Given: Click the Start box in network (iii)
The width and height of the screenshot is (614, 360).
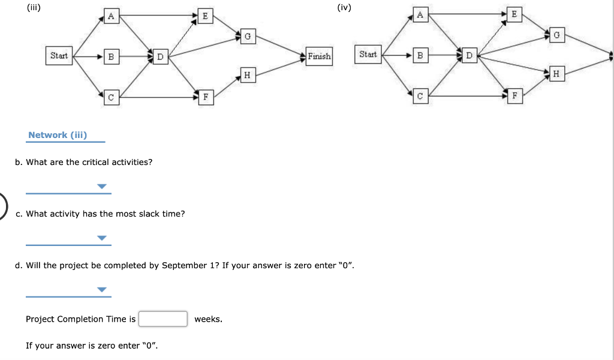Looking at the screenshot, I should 59,56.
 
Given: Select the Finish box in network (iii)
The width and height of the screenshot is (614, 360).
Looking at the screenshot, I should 319,56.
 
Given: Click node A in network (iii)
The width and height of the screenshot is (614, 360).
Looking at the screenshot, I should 110,17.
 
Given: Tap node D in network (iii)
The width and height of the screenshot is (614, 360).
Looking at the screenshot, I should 160,57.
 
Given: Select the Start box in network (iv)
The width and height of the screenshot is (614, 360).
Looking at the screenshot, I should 368,55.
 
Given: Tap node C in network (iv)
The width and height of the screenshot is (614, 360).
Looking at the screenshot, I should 420,95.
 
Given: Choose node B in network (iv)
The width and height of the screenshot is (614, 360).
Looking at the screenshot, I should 420,56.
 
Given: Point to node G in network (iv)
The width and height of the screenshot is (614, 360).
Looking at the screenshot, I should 556,35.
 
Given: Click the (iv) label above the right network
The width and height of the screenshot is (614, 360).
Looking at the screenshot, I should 345,8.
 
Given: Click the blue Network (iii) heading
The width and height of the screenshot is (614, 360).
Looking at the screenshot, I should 58,135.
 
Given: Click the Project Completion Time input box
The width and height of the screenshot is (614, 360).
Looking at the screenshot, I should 163,319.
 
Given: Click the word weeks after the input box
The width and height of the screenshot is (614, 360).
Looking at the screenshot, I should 208,319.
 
